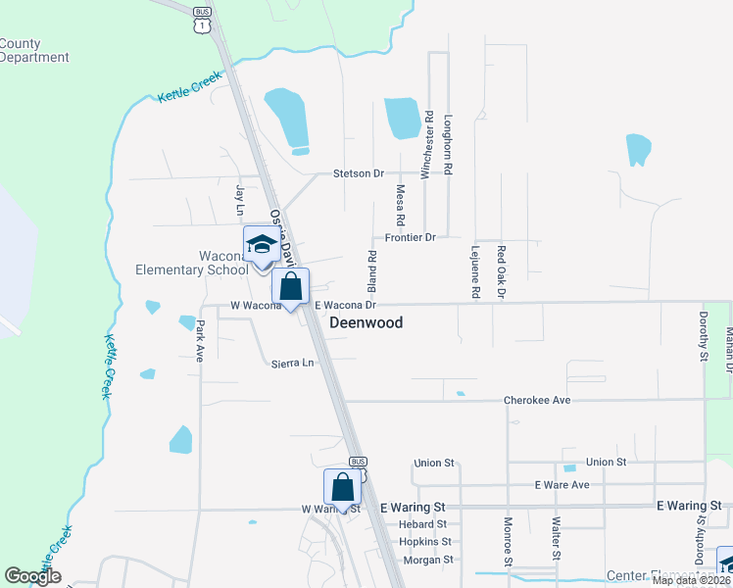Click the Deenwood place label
tap(366, 322)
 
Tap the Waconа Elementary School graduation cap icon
tap(261, 244)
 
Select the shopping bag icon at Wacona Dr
tap(290, 287)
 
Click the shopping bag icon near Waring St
tap(343, 487)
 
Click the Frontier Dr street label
tap(410, 237)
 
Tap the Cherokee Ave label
tap(536, 400)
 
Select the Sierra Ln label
tap(293, 364)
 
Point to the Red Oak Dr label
tap(500, 271)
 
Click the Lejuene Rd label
tap(476, 271)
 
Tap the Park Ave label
tap(199, 341)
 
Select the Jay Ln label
tap(238, 199)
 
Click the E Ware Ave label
tap(562, 485)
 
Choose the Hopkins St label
tap(425, 542)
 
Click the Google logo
tap(32, 576)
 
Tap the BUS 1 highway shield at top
tap(202, 19)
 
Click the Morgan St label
tap(429, 560)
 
